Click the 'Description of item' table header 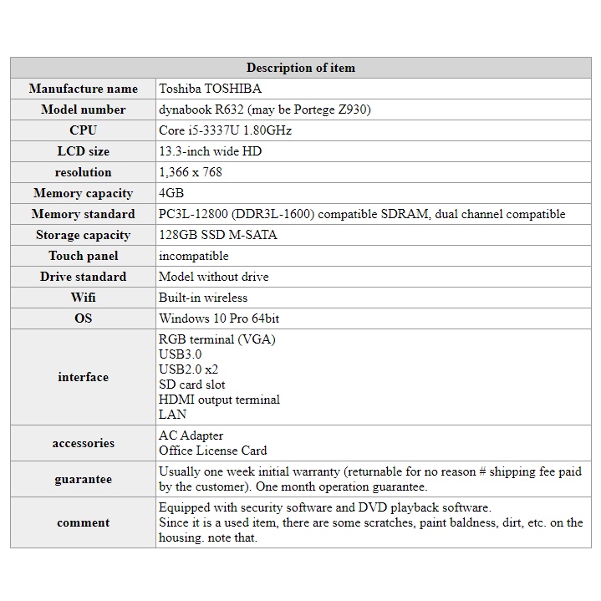[x=300, y=68]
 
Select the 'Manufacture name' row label [x=83, y=89]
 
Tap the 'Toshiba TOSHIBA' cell [x=210, y=89]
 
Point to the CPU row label [x=83, y=130]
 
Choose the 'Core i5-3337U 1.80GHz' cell [x=225, y=130]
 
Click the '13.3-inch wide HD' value [x=210, y=151]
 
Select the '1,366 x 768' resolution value [x=191, y=172]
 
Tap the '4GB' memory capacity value [x=171, y=193]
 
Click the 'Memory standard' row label [x=83, y=214]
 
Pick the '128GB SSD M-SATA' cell [x=218, y=235]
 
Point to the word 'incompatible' [x=193, y=256]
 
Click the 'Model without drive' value [x=214, y=277]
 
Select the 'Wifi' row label [x=83, y=298]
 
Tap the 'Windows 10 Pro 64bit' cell [x=219, y=318]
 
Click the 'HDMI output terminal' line [x=219, y=400]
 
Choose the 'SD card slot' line [x=192, y=385]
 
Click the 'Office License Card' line [x=213, y=451]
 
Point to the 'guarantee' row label [x=83, y=480]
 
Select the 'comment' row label [x=83, y=523]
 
